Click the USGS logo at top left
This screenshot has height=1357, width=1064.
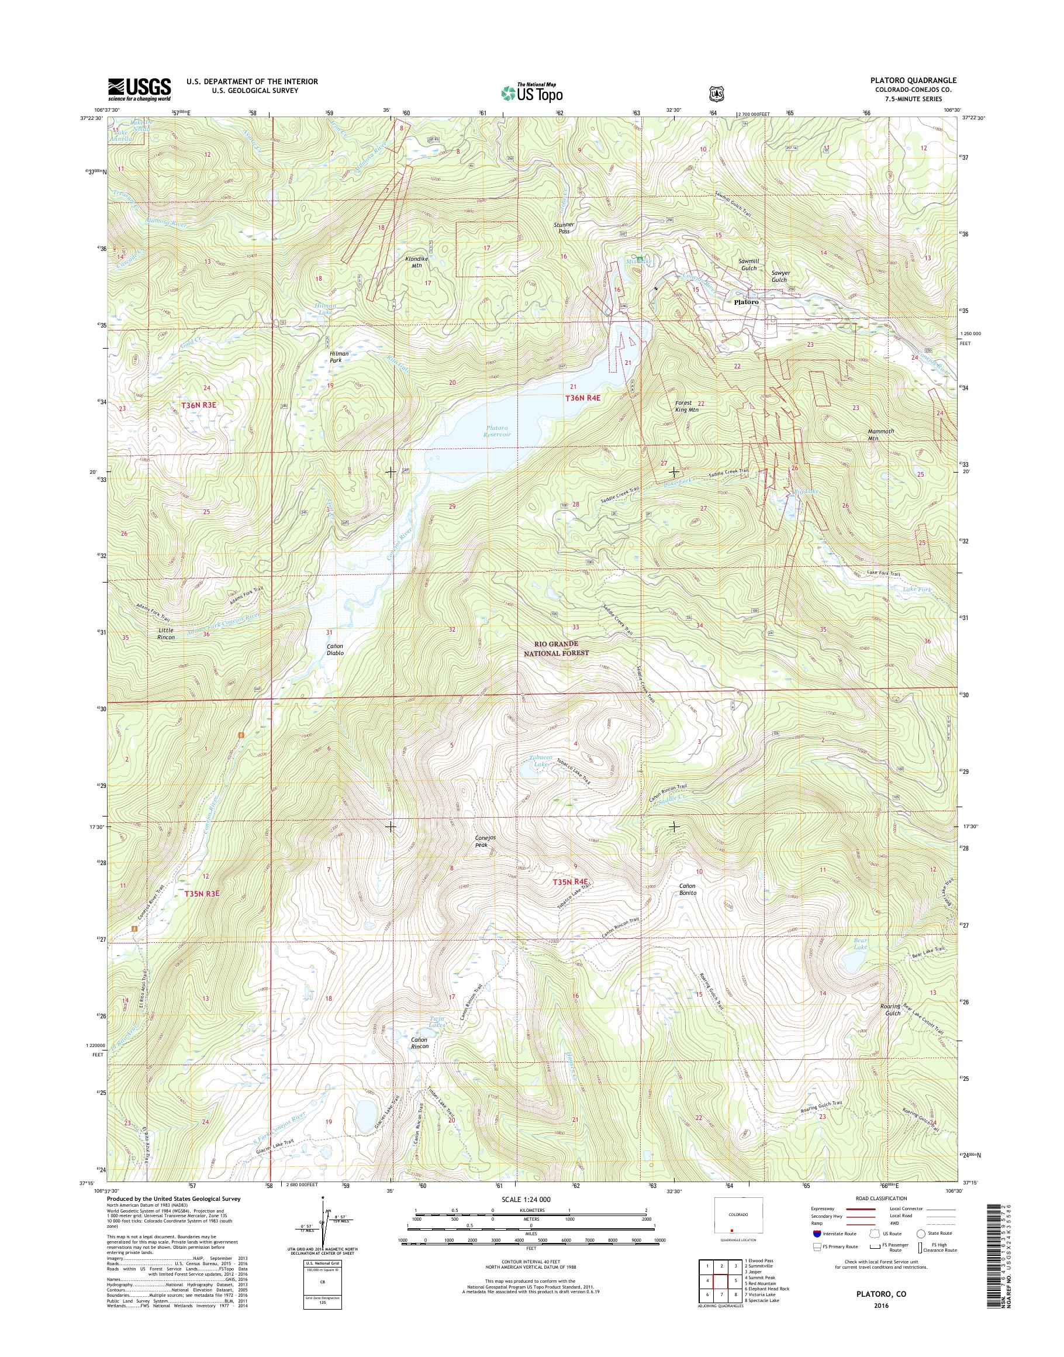pyautogui.click(x=139, y=89)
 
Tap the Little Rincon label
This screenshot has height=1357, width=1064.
pyautogui.click(x=165, y=633)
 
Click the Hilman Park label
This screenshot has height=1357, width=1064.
pyautogui.click(x=340, y=357)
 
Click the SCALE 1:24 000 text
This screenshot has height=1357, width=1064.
pyautogui.click(x=526, y=1199)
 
